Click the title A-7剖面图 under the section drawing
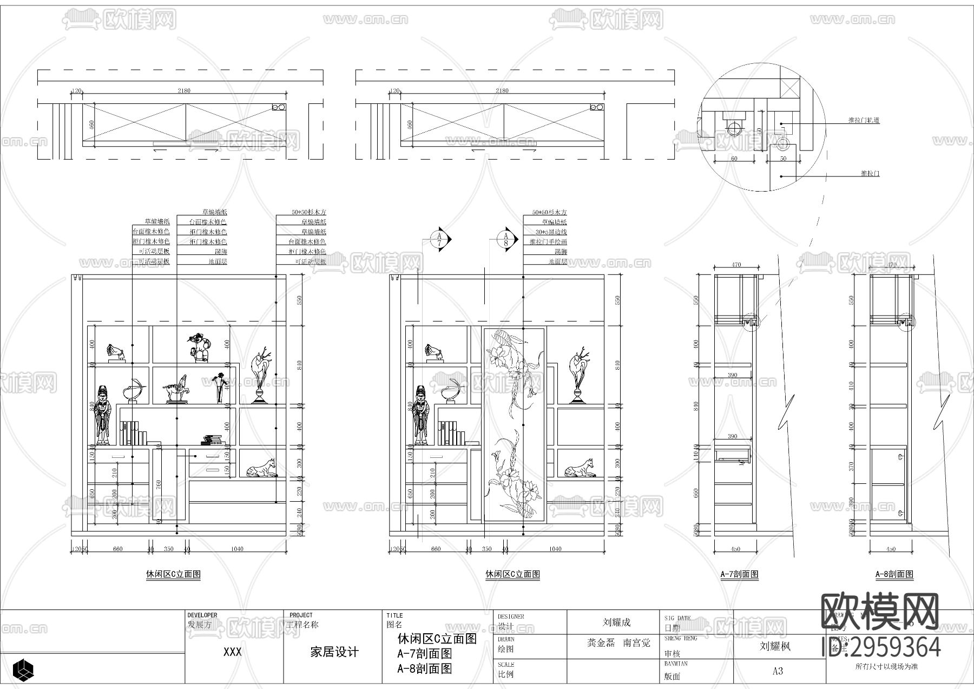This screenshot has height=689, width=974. pos(739,574)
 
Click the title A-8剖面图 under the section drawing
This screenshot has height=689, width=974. pos(895,574)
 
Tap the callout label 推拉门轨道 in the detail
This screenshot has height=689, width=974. pos(864,120)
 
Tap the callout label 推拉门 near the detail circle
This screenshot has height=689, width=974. pos(870,174)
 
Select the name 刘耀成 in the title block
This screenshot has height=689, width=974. pos(617,622)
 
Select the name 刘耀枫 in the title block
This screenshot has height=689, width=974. pos(775,646)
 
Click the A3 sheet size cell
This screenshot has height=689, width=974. pos(778,671)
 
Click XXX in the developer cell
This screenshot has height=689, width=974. pos(233,652)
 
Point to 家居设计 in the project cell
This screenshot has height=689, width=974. pos(334,652)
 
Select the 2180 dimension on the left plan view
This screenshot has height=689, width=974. pos(184,91)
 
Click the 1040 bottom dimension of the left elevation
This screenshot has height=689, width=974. pos(237,549)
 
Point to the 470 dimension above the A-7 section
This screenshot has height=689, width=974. pos(736,265)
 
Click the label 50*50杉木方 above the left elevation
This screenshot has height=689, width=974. pos(308,213)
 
